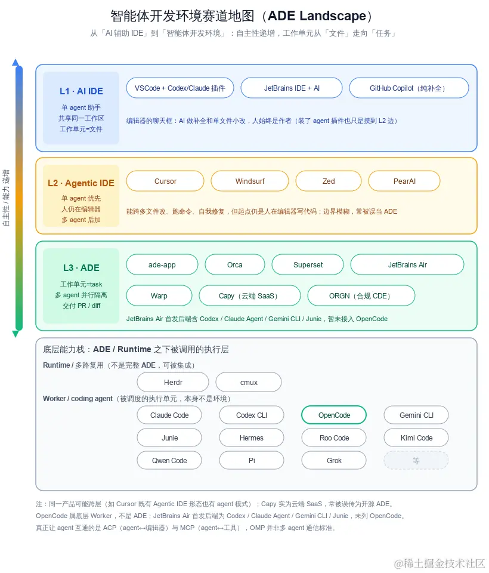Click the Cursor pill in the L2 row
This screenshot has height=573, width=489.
165,181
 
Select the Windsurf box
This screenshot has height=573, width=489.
250,181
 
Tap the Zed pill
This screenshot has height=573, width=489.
329,181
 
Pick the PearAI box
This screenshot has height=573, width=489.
404,181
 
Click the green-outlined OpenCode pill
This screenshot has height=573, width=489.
334,415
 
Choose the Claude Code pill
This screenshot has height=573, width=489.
169,415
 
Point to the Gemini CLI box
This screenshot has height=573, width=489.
416,415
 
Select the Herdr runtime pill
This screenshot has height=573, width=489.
173,382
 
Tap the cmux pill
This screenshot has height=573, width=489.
249,382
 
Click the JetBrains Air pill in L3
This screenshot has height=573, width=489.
407,264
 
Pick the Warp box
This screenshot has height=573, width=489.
159,295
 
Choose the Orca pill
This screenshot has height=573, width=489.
235,264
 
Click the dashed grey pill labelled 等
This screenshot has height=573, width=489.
416,460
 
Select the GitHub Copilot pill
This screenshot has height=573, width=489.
409,88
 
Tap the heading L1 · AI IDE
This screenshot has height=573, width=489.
82,91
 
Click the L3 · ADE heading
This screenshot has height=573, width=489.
82,268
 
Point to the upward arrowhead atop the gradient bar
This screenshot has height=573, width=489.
16,62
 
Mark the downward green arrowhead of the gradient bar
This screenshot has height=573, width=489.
16,334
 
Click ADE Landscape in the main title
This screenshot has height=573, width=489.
317,16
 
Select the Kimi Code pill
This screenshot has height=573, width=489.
416,438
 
